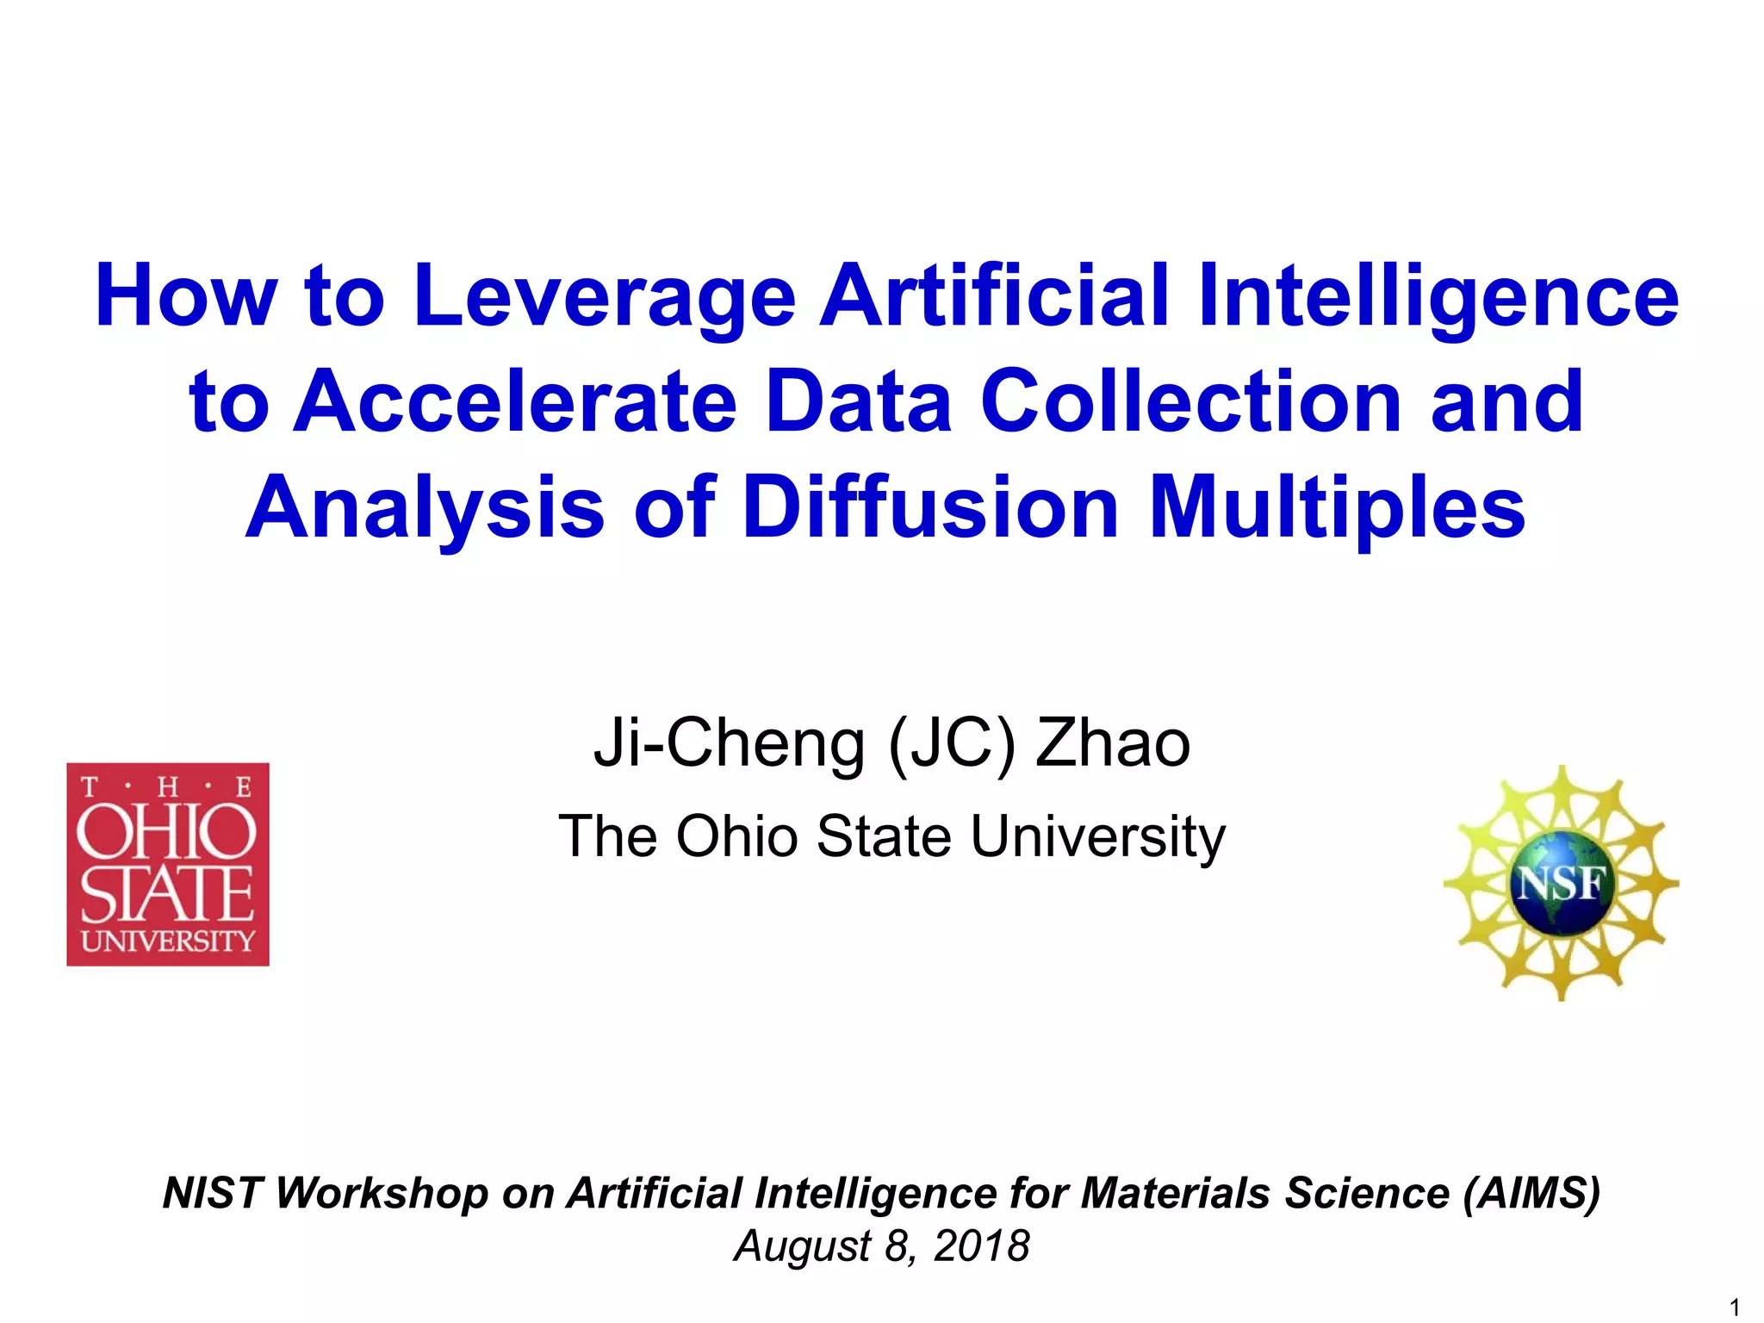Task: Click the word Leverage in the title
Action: tap(605, 297)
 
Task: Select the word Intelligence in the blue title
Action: tap(1438, 297)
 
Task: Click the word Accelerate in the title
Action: tap(515, 401)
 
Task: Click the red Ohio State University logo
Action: tap(168, 864)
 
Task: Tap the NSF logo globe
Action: tap(1561, 883)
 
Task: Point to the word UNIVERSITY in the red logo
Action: tap(168, 941)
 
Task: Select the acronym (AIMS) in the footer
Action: tap(1531, 1193)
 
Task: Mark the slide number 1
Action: tap(1735, 1307)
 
